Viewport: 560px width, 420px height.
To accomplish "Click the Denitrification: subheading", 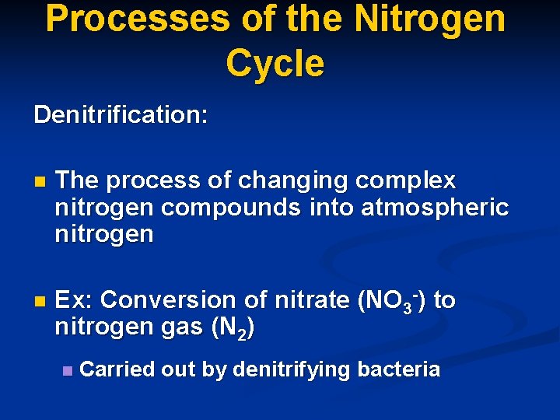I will point(121,115).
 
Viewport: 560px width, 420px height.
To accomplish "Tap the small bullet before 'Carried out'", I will point(68,371).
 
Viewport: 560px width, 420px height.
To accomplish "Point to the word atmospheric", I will point(435,208).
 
